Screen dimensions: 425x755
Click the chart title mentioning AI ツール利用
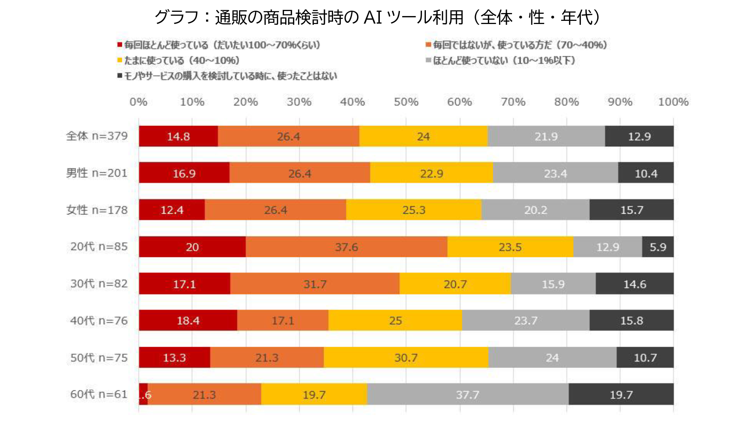tap(377, 17)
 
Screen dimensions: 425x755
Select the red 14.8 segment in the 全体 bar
tap(178, 136)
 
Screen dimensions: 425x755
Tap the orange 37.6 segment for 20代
tap(346, 247)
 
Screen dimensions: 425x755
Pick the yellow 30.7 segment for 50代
tap(406, 357)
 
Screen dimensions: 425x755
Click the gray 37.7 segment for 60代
tap(468, 394)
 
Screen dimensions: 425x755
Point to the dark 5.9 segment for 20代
tap(657, 247)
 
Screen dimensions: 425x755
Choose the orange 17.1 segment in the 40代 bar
tap(283, 320)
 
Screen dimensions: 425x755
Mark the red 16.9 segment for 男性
tap(184, 173)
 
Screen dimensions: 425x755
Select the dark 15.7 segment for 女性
tap(632, 210)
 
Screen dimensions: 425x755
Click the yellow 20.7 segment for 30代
tap(455, 284)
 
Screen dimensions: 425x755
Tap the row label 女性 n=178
tap(97, 210)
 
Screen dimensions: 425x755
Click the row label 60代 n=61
tap(99, 394)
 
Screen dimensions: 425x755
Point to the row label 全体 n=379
tap(97, 136)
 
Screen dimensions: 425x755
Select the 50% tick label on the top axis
tap(406, 102)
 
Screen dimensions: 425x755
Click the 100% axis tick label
tap(673, 102)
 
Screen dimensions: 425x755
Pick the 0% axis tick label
tap(138, 102)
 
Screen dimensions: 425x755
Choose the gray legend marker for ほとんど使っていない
tap(428, 60)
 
